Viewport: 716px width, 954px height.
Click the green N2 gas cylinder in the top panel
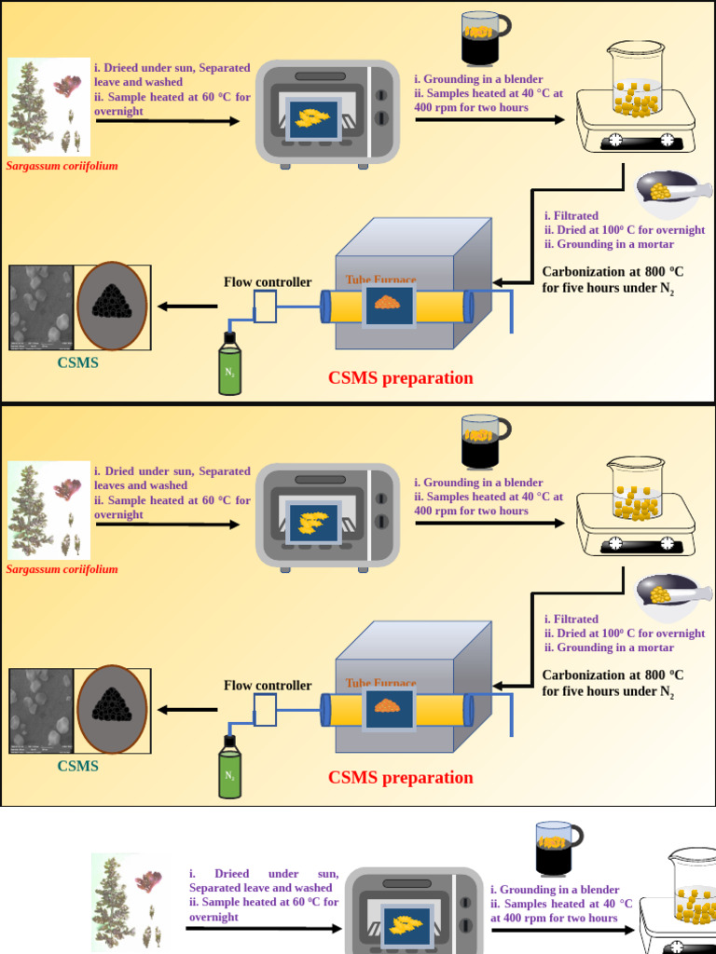[229, 365]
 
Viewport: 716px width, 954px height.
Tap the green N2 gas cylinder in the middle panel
[229, 768]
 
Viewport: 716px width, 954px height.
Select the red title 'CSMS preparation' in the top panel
[401, 378]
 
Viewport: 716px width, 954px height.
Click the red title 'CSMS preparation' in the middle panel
[401, 778]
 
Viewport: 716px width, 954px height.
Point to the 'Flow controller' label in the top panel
[268, 282]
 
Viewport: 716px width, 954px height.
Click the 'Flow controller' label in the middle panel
[268, 686]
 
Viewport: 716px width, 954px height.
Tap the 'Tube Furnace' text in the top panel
[380, 279]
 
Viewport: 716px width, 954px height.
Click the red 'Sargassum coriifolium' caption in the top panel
[62, 166]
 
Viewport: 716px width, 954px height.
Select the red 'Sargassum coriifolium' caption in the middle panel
[62, 569]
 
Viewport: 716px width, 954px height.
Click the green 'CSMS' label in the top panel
[77, 363]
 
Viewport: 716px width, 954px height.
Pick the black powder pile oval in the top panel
[112, 305]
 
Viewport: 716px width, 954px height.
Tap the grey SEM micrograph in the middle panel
[41, 710]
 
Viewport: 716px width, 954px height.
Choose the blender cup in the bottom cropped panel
[557, 848]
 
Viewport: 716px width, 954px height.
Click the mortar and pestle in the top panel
[669, 188]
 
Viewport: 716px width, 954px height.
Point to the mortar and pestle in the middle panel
[669, 591]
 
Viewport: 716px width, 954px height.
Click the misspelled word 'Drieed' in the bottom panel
[232, 874]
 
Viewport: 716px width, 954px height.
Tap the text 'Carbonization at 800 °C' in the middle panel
[613, 675]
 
